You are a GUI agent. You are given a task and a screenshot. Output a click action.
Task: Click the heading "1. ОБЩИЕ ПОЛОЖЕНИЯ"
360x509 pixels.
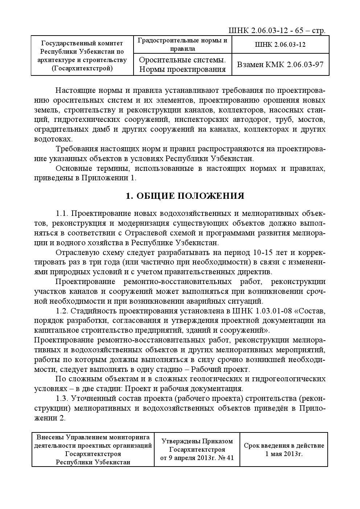[185, 196]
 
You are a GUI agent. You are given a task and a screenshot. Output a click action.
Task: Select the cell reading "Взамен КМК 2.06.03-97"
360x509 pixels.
[280, 65]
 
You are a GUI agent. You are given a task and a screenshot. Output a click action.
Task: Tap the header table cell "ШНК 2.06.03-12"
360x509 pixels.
[280, 45]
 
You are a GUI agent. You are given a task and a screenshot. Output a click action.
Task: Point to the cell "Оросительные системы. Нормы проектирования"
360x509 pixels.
[183, 65]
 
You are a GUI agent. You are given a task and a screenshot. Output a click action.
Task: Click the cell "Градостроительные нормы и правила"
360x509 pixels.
[183, 45]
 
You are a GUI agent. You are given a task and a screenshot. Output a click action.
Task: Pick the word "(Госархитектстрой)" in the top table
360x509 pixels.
[82, 68]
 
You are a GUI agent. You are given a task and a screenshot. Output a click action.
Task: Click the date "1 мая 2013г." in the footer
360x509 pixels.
[284, 453]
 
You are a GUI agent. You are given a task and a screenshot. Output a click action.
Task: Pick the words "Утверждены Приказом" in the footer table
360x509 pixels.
[197, 441]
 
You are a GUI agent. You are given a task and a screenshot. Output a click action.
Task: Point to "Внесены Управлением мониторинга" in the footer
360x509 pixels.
[93, 438]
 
